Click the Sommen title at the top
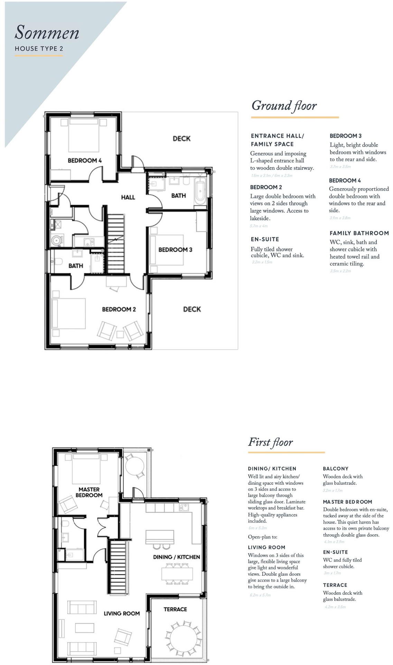(x=47, y=33)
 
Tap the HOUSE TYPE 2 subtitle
(x=39, y=49)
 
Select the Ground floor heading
(x=284, y=105)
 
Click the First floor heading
(x=270, y=442)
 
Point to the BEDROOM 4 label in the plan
(x=85, y=160)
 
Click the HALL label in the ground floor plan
(x=128, y=197)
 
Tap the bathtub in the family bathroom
(x=200, y=192)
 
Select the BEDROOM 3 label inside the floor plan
(x=175, y=250)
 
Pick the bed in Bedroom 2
(x=69, y=313)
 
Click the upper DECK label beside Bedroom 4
(x=182, y=139)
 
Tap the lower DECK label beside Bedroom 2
(x=192, y=309)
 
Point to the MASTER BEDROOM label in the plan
(x=89, y=492)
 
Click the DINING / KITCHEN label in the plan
(x=176, y=557)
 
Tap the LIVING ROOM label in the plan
(x=122, y=613)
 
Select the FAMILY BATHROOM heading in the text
(x=359, y=233)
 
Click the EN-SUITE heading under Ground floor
(x=265, y=239)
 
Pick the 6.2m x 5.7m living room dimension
(x=260, y=595)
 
